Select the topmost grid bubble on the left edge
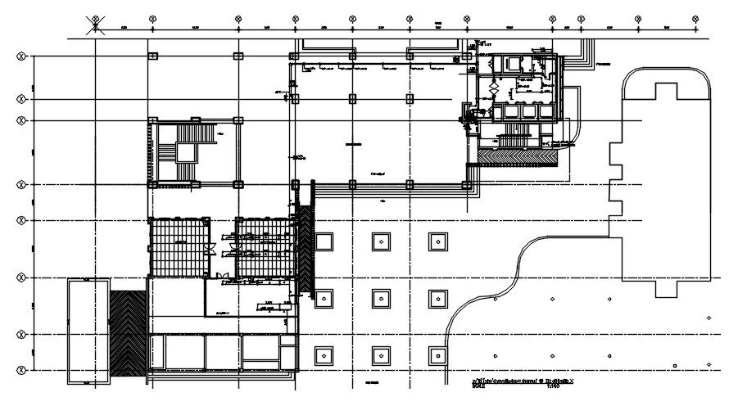(x=20, y=56)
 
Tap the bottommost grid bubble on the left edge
(x=20, y=371)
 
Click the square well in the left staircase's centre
(x=184, y=151)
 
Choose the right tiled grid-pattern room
(x=264, y=246)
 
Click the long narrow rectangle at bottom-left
(x=88, y=331)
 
